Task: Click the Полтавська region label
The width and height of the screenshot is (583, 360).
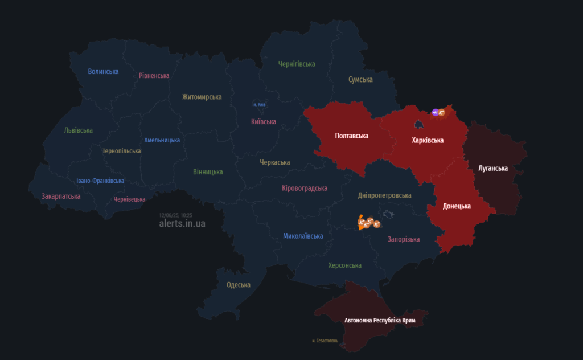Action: (x=351, y=136)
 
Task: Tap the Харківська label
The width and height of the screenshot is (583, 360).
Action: (x=428, y=140)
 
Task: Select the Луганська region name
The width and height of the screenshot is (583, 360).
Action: (x=493, y=168)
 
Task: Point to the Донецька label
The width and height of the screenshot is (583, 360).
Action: (x=457, y=206)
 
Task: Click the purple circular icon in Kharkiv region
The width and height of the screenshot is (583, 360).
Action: (x=436, y=113)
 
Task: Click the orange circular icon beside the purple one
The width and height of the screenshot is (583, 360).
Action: (x=442, y=113)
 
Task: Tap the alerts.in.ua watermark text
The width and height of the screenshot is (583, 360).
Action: (x=182, y=223)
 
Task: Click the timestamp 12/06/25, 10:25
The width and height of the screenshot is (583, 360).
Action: (x=176, y=215)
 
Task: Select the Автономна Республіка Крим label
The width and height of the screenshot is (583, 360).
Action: (x=380, y=321)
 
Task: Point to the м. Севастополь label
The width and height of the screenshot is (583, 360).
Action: (x=325, y=341)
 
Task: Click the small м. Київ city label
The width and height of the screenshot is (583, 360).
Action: (x=259, y=105)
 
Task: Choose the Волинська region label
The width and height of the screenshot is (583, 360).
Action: (x=103, y=72)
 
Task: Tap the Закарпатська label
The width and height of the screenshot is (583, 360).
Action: (x=61, y=197)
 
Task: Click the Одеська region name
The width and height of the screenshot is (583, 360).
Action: (x=239, y=285)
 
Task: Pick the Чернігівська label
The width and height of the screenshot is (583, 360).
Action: (x=297, y=64)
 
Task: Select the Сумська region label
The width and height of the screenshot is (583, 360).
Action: (x=360, y=80)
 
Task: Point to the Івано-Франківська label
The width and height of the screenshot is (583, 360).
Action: (x=100, y=181)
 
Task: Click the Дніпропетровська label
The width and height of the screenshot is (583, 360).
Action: (x=385, y=196)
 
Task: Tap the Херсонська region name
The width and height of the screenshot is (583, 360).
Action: (x=344, y=265)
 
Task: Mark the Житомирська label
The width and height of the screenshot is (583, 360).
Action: (x=202, y=97)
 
